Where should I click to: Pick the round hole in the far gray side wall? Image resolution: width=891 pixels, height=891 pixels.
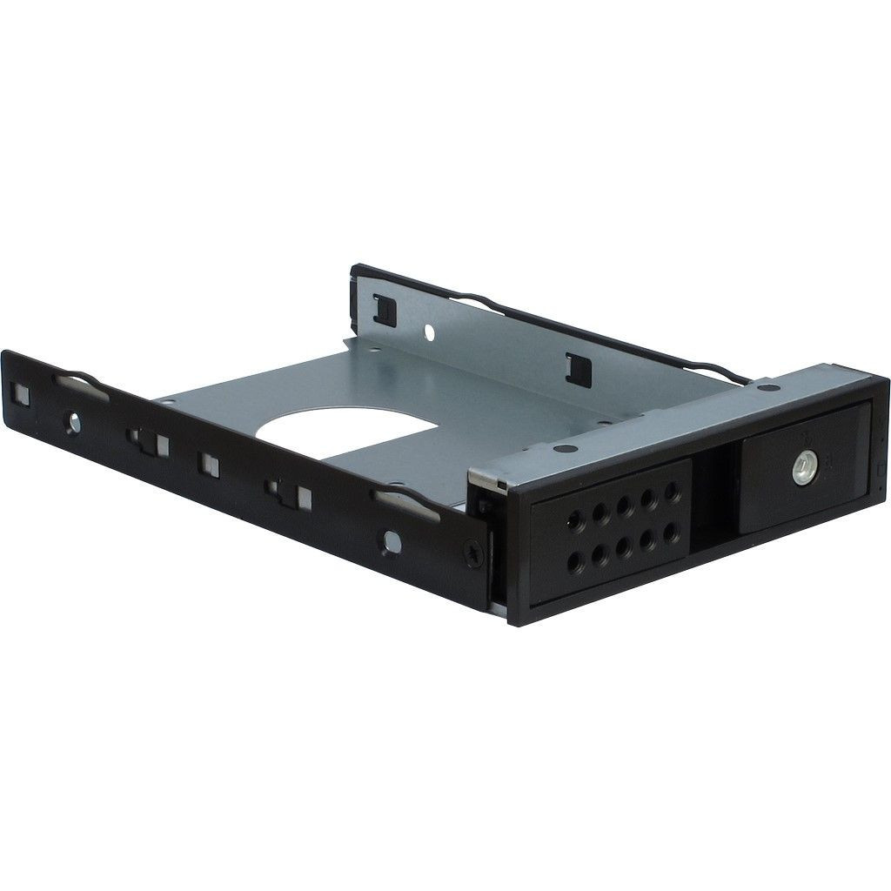428,332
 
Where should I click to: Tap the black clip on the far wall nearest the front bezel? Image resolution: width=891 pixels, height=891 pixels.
573,365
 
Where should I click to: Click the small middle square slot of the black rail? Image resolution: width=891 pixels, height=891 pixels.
209,463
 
